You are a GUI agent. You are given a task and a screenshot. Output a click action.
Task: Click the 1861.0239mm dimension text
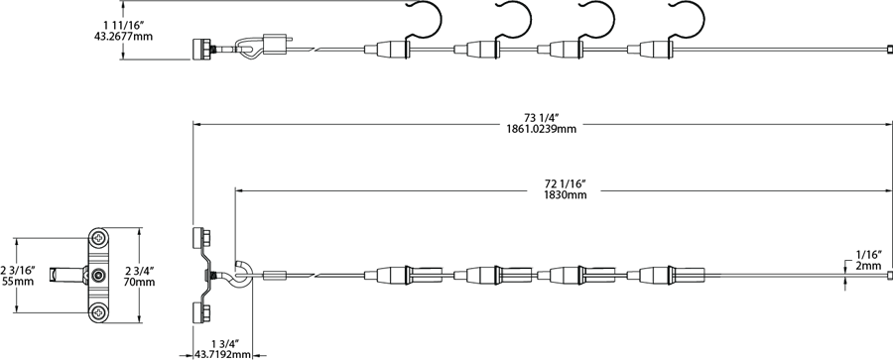(541, 129)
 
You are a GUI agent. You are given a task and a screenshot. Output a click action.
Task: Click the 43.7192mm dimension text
(222, 354)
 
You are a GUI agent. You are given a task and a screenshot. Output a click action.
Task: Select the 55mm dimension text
(18, 281)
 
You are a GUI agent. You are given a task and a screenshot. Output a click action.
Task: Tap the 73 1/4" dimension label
(541, 118)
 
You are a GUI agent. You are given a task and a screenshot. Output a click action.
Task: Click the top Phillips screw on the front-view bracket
(100, 239)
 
